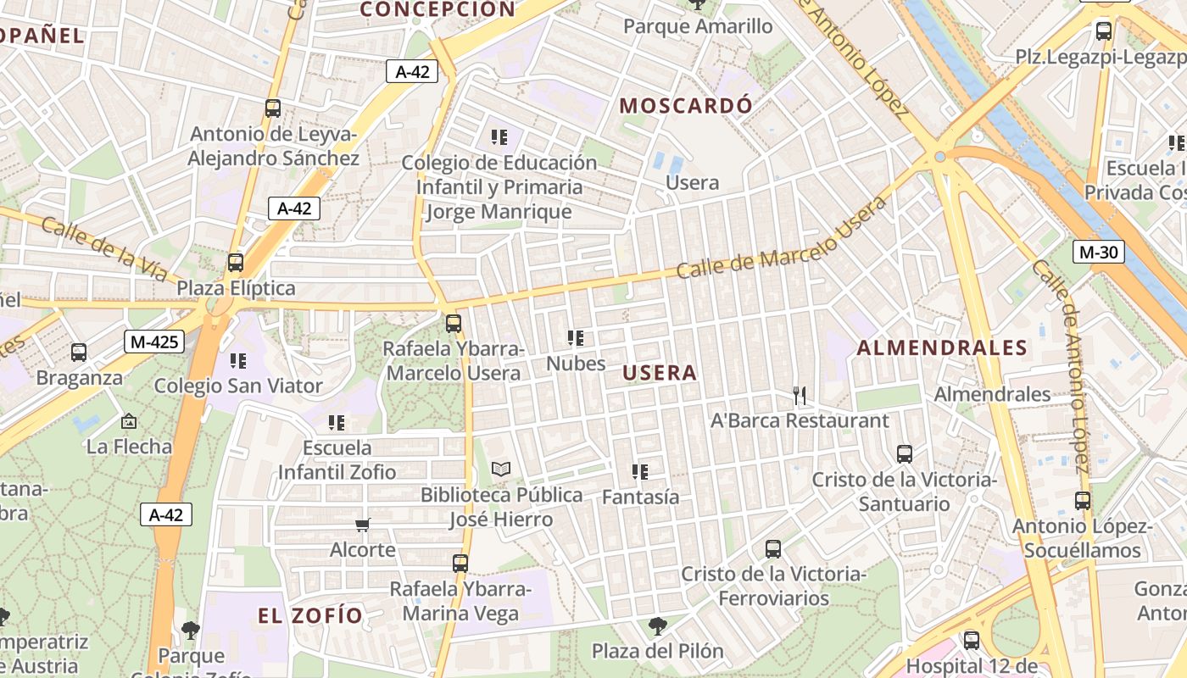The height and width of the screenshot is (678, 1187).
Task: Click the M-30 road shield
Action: [x=1098, y=252]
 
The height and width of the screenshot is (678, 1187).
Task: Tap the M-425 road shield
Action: [x=153, y=342]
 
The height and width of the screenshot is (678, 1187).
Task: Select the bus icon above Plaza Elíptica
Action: [x=236, y=263]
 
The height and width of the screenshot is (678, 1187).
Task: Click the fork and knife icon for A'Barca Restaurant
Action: [x=799, y=395]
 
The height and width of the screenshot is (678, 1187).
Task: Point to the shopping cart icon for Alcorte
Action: [x=363, y=525]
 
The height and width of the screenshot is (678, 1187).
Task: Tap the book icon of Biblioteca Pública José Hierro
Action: [x=501, y=469]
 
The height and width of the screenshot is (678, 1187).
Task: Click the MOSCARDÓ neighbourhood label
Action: [x=686, y=106]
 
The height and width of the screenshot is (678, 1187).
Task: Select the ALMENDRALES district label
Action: [x=942, y=347]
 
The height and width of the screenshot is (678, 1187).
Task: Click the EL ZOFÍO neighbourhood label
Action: [x=310, y=616]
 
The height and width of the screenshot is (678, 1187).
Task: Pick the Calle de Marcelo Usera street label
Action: [x=782, y=239]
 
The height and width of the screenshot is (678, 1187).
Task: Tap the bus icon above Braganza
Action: [x=79, y=353]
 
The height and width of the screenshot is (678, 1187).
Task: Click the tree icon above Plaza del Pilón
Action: [x=657, y=626]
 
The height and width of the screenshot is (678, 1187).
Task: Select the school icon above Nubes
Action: [x=576, y=338]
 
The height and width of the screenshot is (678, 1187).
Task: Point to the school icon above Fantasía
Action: [x=640, y=471]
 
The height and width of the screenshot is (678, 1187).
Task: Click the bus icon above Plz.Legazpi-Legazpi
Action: [x=1104, y=31]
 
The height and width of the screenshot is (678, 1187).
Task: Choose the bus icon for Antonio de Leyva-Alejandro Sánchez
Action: [x=272, y=108]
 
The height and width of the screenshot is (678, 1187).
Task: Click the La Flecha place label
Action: [x=129, y=446]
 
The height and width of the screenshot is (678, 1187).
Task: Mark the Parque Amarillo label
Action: [x=698, y=26]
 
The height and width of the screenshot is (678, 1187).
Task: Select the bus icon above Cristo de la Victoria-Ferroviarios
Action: [x=772, y=548]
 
